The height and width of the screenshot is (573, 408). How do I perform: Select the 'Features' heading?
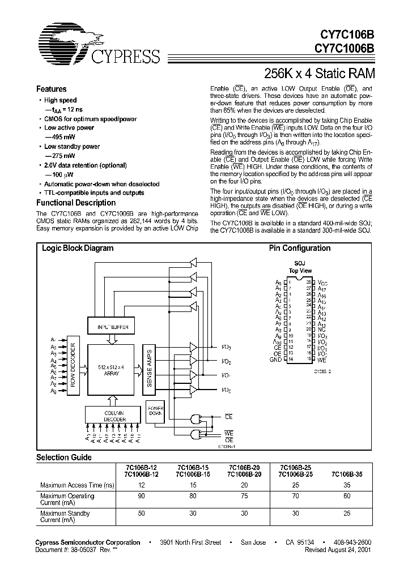pyautogui.click(x=52, y=89)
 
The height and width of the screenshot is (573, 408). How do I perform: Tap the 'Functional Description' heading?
pyautogui.click(x=76, y=203)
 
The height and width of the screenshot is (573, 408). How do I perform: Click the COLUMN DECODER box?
pyautogui.click(x=113, y=414)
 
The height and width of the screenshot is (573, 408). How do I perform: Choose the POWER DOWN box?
pyautogui.click(x=155, y=411)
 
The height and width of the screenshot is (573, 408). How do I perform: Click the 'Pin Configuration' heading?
pyautogui.click(x=299, y=248)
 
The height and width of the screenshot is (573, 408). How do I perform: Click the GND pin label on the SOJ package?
pyautogui.click(x=275, y=360)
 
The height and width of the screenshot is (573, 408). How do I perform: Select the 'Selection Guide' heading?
pyautogui.click(x=63, y=457)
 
